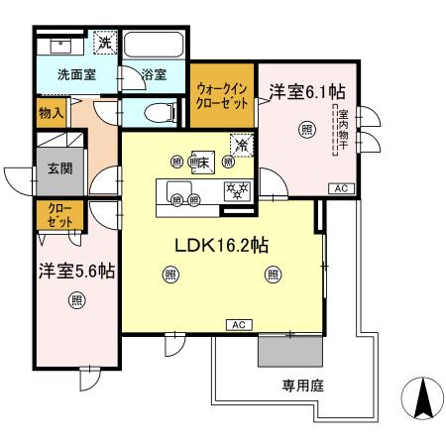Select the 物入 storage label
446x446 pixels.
[52, 112]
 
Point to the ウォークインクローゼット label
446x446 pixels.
[222, 95]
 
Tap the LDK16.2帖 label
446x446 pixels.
[220, 244]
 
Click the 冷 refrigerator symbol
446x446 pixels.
[240, 144]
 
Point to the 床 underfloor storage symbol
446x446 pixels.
[202, 163]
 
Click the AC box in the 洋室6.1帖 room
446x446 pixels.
[339, 187]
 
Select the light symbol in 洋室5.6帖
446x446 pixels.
[76, 301]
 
